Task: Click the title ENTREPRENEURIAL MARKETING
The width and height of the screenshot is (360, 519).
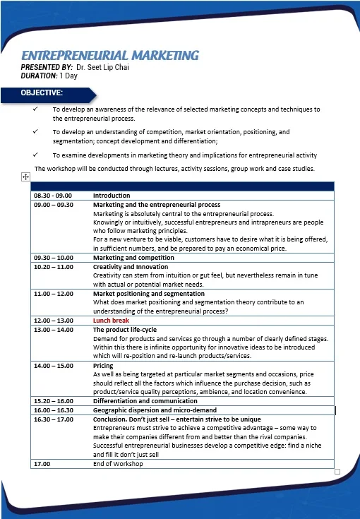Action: click(x=109, y=55)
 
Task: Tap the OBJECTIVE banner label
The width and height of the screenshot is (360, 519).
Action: click(x=42, y=93)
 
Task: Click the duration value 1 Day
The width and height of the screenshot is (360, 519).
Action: click(x=68, y=75)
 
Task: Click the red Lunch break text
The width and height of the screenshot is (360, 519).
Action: click(x=111, y=321)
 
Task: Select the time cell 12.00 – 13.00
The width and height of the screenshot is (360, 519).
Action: click(x=53, y=321)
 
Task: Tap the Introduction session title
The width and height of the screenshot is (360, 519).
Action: click(x=112, y=195)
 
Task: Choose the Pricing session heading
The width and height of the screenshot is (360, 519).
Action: click(x=103, y=366)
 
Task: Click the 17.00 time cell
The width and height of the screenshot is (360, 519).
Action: click(x=42, y=464)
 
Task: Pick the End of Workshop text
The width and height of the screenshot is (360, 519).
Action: click(x=118, y=464)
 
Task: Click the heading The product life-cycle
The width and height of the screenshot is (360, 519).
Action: click(x=125, y=330)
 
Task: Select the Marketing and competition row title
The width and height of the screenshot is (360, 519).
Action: click(x=133, y=258)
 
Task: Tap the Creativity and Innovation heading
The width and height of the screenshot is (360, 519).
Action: click(x=131, y=267)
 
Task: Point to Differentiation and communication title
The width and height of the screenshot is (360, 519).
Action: click(x=145, y=400)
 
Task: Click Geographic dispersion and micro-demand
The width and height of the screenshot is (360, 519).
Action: click(x=155, y=410)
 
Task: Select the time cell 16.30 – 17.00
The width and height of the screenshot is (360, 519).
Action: click(x=53, y=419)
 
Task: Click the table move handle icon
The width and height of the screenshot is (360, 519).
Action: click(x=25, y=177)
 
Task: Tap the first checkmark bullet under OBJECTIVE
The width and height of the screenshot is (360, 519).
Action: click(x=35, y=109)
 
